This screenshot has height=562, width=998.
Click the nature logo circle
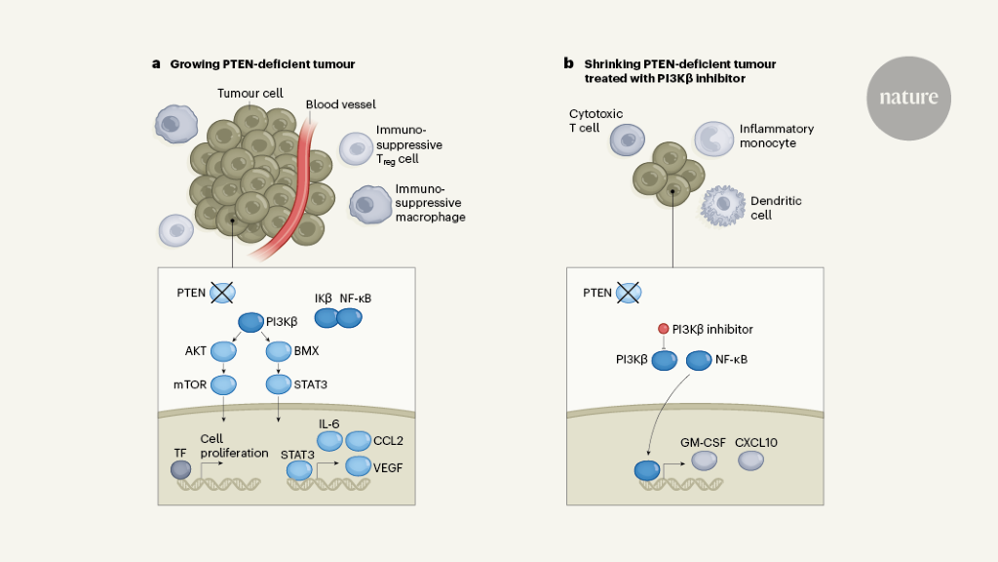tap(908, 98)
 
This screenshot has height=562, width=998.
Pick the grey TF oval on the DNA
tap(181, 469)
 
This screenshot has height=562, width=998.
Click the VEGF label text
tap(387, 468)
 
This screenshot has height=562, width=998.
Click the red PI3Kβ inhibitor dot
tap(663, 330)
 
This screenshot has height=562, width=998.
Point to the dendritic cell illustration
tap(722, 205)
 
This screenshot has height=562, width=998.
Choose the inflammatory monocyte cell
tap(712, 140)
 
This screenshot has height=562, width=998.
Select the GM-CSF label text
tap(701, 442)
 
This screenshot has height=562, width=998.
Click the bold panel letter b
tap(568, 64)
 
